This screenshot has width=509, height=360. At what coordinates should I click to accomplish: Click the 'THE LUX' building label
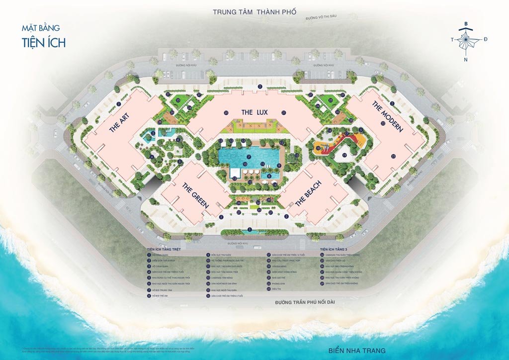click(x=254, y=112)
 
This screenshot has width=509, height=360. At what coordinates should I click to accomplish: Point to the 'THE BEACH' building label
click(x=308, y=194)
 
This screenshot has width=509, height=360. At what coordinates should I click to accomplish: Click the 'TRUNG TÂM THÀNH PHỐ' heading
click(x=254, y=12)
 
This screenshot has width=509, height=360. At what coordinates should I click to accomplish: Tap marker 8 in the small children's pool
click(x=269, y=176)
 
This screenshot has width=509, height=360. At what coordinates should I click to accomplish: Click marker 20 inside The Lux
click(x=226, y=113)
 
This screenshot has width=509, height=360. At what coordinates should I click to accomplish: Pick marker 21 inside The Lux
click(x=283, y=113)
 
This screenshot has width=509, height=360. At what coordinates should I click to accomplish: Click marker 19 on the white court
click(x=344, y=155)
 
